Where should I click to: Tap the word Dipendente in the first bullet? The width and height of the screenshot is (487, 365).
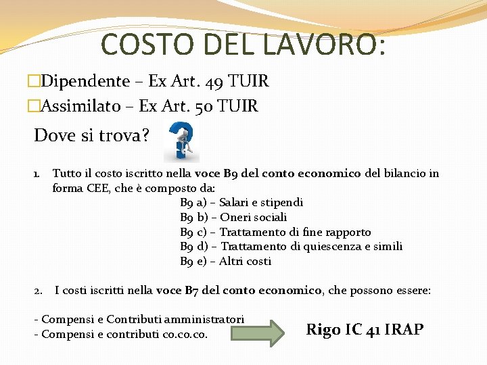pos(85,82)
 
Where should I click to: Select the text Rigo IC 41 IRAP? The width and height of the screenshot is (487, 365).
pos(365,330)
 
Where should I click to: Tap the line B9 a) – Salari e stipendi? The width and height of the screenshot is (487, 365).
pos(241,202)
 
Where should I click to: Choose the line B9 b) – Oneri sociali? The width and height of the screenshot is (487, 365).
pos(233,217)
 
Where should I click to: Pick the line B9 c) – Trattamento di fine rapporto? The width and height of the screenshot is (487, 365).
pos(275,232)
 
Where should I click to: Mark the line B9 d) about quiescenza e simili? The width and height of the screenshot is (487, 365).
pos(291,246)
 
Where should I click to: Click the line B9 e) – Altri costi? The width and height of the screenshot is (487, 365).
pos(225,261)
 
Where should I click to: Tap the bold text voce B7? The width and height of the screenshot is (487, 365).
pos(178,291)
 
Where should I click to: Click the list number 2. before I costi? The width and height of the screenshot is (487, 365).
pos(39,291)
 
